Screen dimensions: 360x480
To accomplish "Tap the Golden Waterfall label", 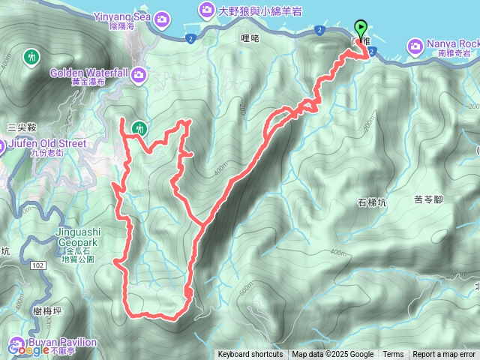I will [89, 73].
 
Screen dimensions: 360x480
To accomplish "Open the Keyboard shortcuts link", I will [250, 355].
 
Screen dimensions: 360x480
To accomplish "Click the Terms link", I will [393, 355].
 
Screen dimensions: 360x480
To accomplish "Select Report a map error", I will [444, 355].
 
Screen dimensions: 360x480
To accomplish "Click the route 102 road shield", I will [38, 265].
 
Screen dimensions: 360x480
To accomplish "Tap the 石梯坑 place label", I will [372, 202].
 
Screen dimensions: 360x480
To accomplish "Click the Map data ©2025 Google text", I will [333, 355].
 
